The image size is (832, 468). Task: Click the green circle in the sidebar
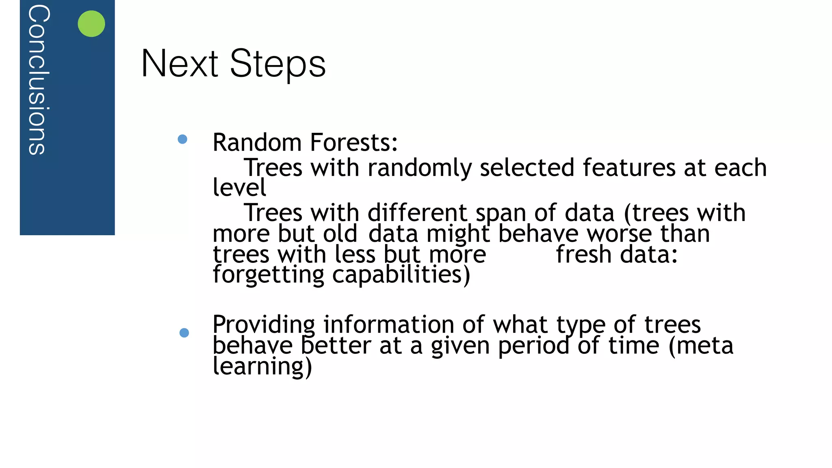pyautogui.click(x=91, y=24)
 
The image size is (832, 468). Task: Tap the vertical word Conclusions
pyautogui.click(x=39, y=80)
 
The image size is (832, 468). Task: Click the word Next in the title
pyautogui.click(x=180, y=64)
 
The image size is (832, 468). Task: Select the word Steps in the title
pyautogui.click(x=278, y=64)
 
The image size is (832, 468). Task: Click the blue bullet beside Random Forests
pyautogui.click(x=182, y=139)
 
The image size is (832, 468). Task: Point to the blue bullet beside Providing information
pyautogui.click(x=184, y=333)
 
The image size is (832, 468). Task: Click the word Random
pyautogui.click(x=257, y=143)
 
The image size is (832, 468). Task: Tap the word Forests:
pyautogui.click(x=354, y=143)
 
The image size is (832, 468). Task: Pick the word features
pyautogui.click(x=629, y=167)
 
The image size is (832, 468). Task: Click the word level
pyautogui.click(x=239, y=187)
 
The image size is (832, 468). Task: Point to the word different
pyautogui.click(x=418, y=213)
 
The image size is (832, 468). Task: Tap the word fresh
pyautogui.click(x=583, y=255)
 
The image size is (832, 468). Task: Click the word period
pyautogui.click(x=533, y=346)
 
